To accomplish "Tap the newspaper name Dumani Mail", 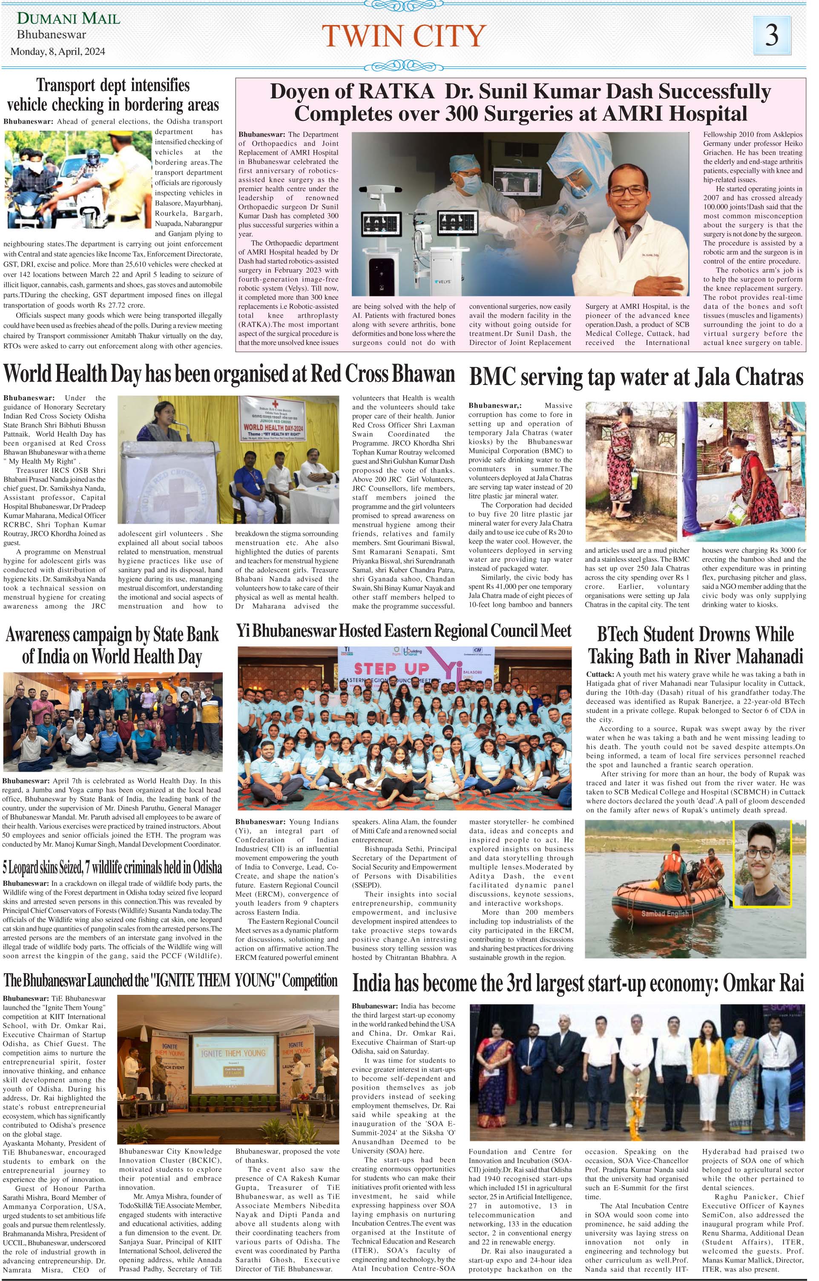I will point(69,19).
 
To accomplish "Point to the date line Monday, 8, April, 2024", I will point(58,52).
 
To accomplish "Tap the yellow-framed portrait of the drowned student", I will point(762,867).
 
